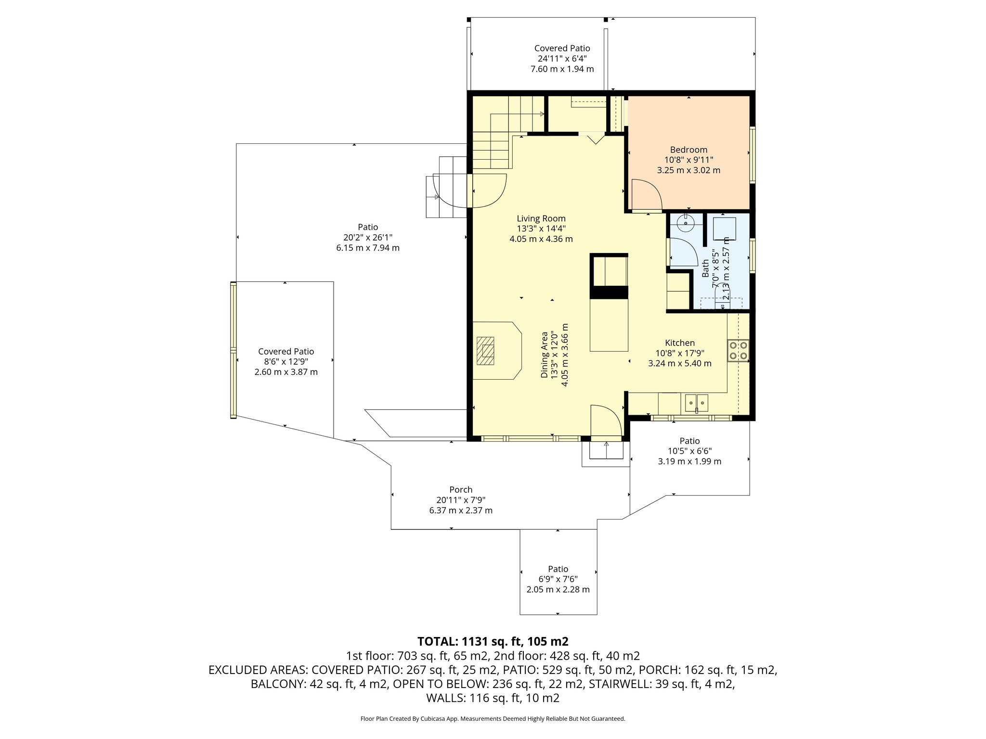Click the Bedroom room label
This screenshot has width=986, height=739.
coord(688,150)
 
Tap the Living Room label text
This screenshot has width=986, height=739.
coord(541,218)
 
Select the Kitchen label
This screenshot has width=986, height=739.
coord(679,343)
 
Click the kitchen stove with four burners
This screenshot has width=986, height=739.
coord(739,350)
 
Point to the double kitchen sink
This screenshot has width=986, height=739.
coord(697,402)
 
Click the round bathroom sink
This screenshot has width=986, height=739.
coord(684,223)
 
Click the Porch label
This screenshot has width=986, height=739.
coord(461,490)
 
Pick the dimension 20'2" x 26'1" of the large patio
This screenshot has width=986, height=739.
coord(368,237)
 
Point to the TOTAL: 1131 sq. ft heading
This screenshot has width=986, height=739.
coord(493,641)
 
